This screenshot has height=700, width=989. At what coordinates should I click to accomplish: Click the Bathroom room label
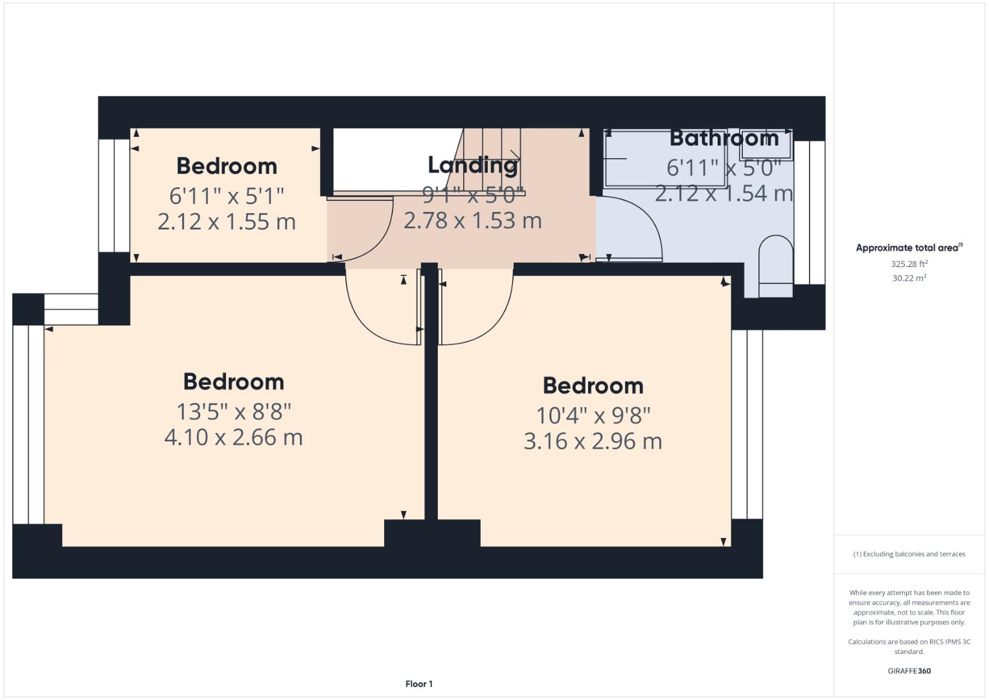[x=723, y=138]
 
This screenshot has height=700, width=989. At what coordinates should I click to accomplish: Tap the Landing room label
[x=472, y=165]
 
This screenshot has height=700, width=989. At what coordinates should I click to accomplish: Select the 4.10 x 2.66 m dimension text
[x=233, y=437]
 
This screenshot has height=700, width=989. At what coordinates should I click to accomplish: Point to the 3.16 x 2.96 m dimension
[x=593, y=441]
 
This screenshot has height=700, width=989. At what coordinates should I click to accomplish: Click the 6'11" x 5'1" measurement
[x=227, y=195]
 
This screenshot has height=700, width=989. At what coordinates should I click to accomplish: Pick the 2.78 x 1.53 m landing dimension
[x=472, y=220]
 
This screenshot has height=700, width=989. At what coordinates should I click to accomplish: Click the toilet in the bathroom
[x=775, y=266]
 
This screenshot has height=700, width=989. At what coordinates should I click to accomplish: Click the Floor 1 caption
[x=418, y=684]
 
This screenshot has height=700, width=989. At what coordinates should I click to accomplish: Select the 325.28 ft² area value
[x=909, y=264]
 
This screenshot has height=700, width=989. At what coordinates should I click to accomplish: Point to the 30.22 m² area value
[x=909, y=278]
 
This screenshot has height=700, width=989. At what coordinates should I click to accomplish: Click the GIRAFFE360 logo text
[x=909, y=671]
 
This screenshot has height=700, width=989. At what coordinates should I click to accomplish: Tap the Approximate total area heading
[x=909, y=248]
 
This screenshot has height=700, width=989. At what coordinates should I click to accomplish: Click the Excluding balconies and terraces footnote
[x=909, y=554]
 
